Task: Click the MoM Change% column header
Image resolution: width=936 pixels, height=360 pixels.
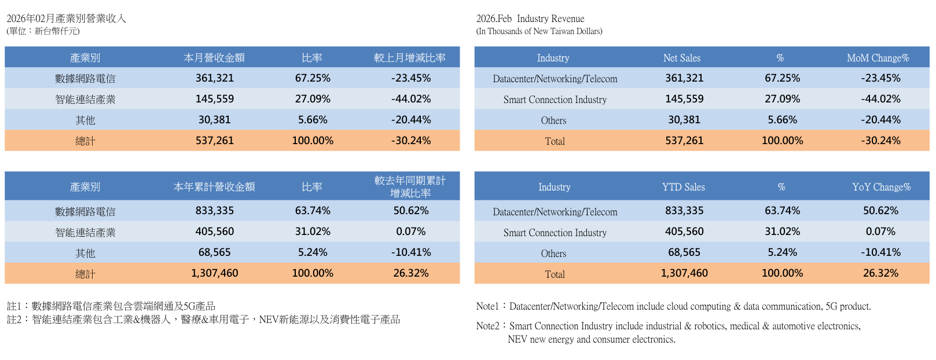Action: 878,58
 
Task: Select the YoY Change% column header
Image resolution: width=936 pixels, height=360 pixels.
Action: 881,187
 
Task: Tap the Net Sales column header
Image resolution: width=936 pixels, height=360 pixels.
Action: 681,58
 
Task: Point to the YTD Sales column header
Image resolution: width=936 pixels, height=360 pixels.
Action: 683,187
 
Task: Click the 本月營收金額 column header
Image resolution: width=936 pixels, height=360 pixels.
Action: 214,58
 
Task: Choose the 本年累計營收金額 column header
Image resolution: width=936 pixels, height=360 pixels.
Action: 214,187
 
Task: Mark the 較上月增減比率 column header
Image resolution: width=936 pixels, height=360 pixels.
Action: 410,58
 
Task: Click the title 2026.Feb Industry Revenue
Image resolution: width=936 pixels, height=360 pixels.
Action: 530,19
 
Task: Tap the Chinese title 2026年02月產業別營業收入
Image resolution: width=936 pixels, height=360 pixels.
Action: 66,19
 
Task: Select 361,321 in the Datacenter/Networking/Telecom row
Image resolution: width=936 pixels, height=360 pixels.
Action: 684,78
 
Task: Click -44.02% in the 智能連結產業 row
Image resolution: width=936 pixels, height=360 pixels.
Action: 411,99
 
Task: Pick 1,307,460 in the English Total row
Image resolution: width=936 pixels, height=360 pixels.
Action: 684,273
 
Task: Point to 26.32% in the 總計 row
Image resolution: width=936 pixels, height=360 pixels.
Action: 411,273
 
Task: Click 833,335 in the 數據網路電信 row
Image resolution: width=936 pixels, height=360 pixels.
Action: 215,211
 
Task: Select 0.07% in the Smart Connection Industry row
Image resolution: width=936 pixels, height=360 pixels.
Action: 880,232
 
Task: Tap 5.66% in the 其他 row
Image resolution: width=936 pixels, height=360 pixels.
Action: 313,120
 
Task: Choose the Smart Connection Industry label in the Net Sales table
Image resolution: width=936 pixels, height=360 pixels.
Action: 555,100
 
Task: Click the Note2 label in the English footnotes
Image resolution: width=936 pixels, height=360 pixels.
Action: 487,326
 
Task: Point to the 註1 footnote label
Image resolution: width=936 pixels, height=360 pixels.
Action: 14,306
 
